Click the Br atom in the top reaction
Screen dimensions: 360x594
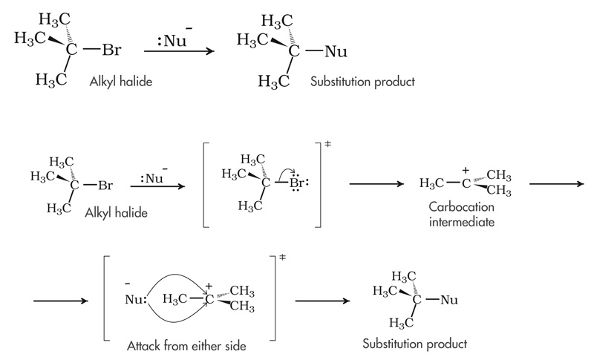point(111,51)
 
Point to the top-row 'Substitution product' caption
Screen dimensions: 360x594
point(363,80)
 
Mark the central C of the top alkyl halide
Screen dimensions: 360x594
point(72,51)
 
